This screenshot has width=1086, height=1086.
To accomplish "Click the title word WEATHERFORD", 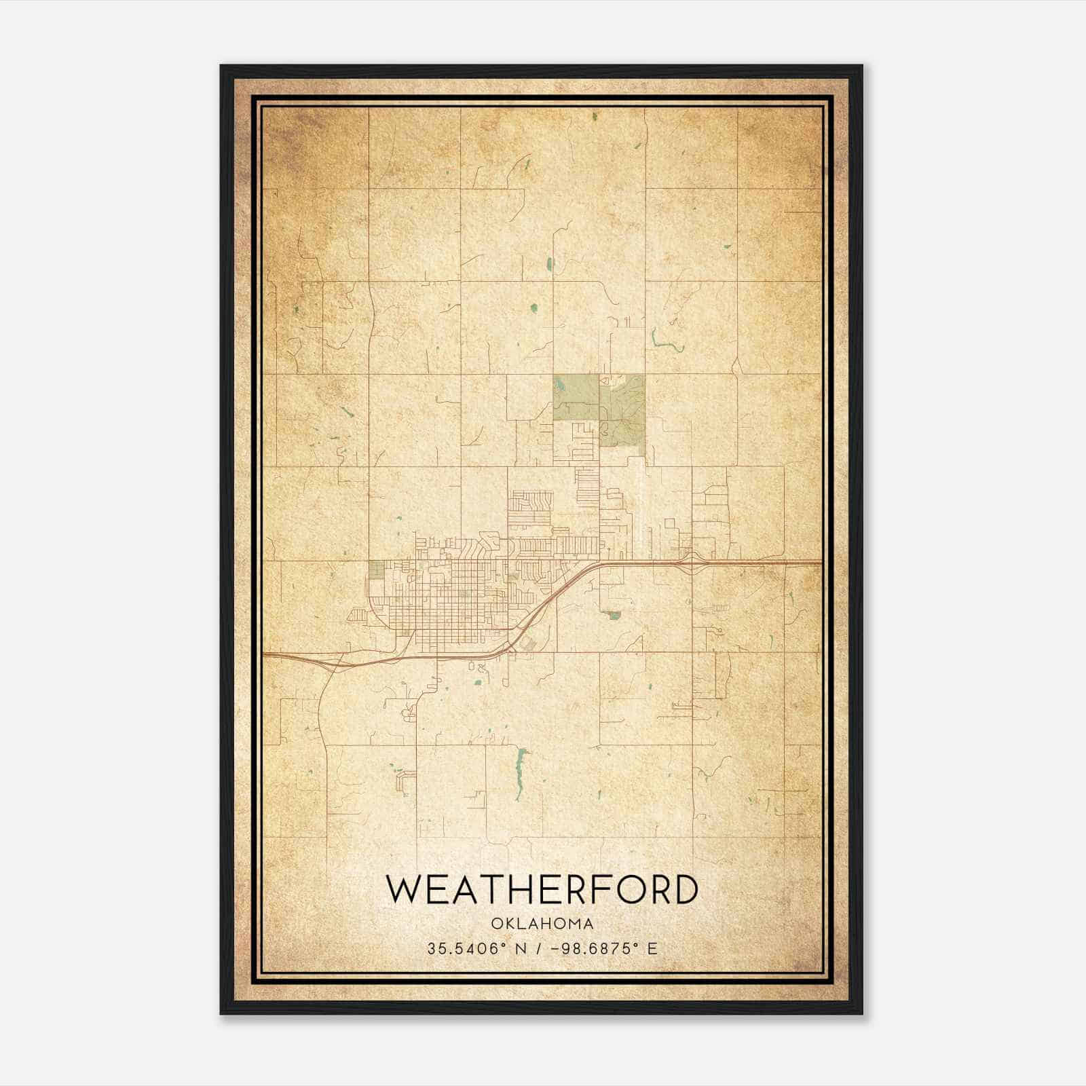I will pos(542,890).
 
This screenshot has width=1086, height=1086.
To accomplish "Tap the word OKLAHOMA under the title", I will pos(542,924).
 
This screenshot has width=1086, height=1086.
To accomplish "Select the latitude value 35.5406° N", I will pos(468,948).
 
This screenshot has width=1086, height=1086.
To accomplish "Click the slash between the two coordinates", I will pos(538,948).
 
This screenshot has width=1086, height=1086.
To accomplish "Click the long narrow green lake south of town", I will pos(521,772).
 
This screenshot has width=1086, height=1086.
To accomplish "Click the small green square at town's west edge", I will pos(375,569).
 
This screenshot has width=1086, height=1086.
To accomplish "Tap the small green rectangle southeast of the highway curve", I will pos(614,615).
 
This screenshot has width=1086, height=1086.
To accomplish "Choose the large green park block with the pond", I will pos(576,397).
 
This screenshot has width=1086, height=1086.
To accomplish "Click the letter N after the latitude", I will pos(521,948).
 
